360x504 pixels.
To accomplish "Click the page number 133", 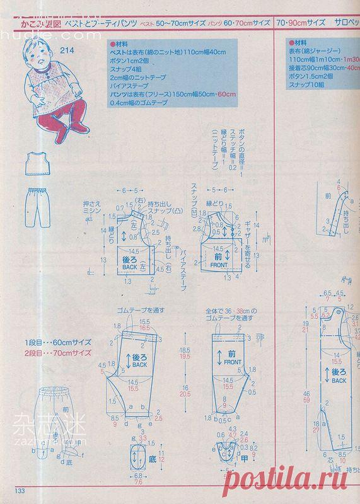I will pos(15,492).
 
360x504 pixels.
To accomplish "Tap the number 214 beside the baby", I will pos(69,50).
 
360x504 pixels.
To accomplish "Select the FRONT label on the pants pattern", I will pos(229,364).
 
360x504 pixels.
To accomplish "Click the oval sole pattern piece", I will pos(137,457).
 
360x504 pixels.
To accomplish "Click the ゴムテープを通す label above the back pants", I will pos(141,311).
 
